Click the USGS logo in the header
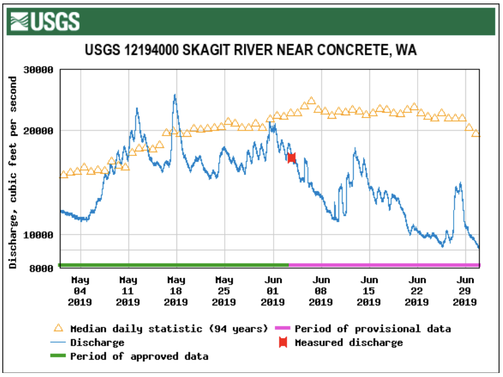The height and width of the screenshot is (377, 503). (44, 22)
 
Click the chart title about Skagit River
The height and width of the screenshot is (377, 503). (251, 50)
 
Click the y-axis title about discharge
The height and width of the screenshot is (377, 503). (13, 172)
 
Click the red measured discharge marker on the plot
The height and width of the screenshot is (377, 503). (292, 158)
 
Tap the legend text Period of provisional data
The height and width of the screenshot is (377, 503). (372, 329)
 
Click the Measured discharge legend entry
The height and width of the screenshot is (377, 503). (348, 343)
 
